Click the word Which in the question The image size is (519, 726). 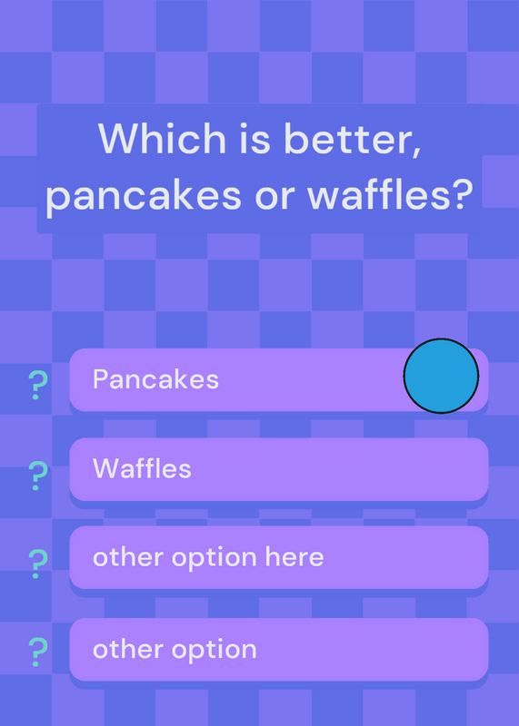tap(162, 139)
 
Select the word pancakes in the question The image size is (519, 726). tap(144, 195)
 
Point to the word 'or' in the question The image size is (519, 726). tap(274, 198)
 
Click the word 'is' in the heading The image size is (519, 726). tap(255, 139)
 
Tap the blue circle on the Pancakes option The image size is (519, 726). tap(441, 376)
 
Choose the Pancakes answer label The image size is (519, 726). tap(155, 379)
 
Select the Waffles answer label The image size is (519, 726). tap(142, 468)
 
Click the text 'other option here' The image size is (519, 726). tap(208, 558)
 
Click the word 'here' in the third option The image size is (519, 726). tap(294, 556)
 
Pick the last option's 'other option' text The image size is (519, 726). tap(175, 650)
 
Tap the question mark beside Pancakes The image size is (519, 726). tap(37, 385)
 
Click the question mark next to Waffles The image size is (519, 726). tap(37, 476)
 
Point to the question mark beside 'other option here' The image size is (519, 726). tap(37, 564)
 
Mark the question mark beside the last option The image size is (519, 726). tap(37, 652)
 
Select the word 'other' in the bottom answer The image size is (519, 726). tap(129, 649)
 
